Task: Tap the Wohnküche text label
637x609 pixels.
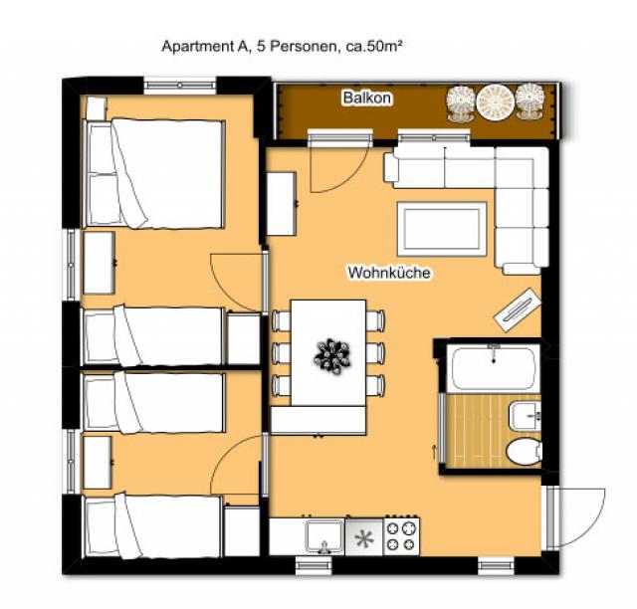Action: pos(389,271)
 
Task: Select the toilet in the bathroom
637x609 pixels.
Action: pos(522,451)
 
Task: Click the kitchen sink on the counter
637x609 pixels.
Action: pos(320,535)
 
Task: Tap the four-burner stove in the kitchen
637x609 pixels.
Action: pos(402,536)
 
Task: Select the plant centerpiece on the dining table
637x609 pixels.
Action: pos(330,352)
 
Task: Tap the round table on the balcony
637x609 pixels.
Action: pos(495,101)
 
